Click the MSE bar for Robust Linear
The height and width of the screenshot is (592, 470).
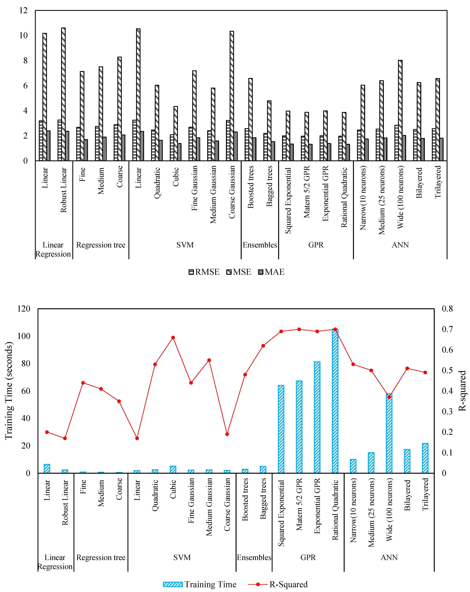63,93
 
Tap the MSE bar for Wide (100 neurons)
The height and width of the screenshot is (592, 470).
400,110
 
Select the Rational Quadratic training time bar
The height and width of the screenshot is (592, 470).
335,401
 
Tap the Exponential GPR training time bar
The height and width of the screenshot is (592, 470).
317,417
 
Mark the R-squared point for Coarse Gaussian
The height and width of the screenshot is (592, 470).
227,434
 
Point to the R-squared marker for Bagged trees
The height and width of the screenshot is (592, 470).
263,346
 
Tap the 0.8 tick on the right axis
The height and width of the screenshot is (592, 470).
447,309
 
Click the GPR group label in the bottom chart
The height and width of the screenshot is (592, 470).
308,557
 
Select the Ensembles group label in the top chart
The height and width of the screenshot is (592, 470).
260,245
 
